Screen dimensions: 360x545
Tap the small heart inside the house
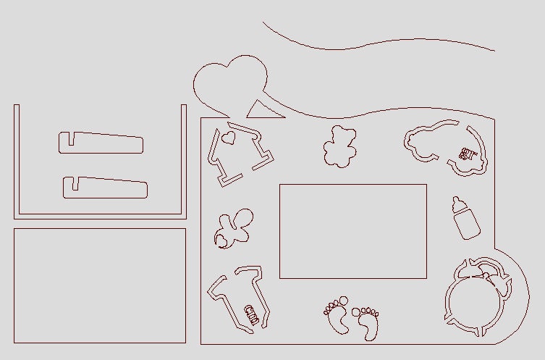(229, 137)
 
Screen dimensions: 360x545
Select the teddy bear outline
(339, 146)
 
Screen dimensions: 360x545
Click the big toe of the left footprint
(344, 299)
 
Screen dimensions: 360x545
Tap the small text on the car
(467, 154)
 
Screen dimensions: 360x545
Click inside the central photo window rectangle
(352, 231)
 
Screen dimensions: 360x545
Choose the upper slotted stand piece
(101, 143)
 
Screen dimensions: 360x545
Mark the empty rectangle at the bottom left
(100, 285)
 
